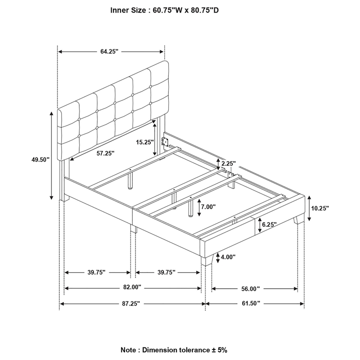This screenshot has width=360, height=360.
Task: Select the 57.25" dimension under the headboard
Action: click(x=105, y=153)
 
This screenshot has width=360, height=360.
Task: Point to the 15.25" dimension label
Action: click(x=144, y=142)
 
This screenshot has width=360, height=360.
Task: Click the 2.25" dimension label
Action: click(x=228, y=163)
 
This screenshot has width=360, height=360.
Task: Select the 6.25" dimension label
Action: click(x=269, y=224)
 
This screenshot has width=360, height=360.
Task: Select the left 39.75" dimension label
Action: click(x=96, y=272)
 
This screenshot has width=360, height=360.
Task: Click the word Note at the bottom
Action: click(x=129, y=349)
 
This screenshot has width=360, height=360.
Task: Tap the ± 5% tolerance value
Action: click(x=219, y=349)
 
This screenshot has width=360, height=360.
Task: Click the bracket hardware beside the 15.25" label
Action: click(x=166, y=142)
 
